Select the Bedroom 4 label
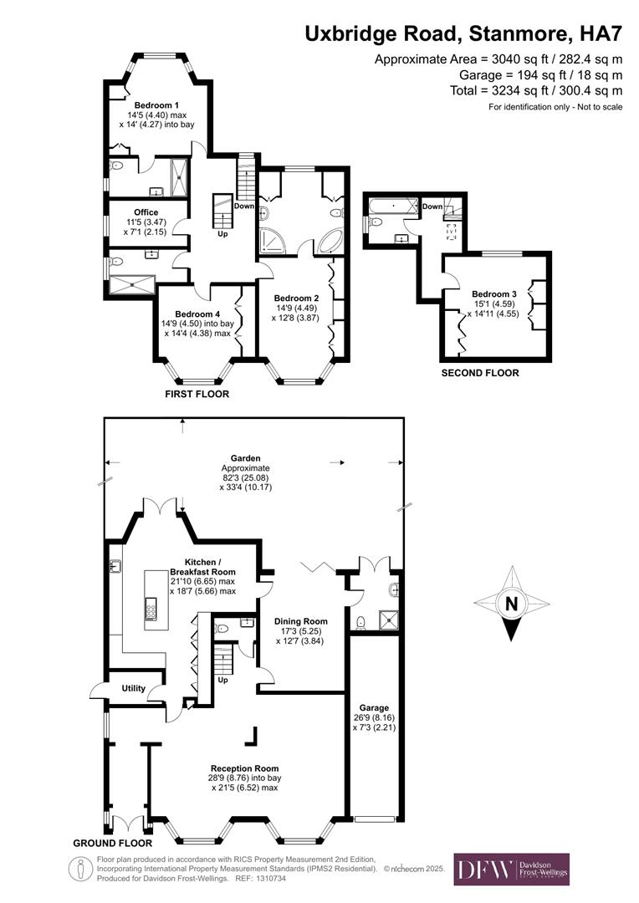[197, 314]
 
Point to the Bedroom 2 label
[297, 298]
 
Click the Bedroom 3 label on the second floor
[493, 294]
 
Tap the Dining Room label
[301, 621]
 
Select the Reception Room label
[244, 768]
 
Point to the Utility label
[134, 688]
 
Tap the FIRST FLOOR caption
[197, 393]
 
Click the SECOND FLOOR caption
[480, 373]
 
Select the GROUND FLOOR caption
[106, 843]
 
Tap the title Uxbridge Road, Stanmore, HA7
[463, 34]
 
